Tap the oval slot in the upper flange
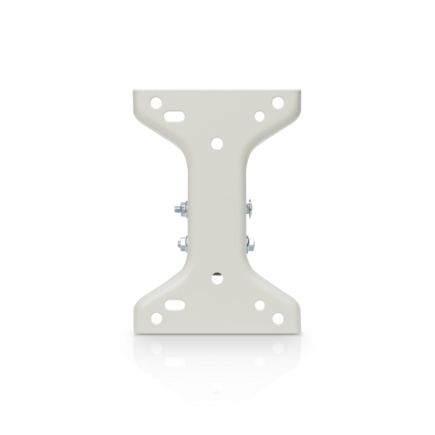tap(173, 115)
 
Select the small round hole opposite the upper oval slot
tap(258, 115)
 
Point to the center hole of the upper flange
tap(216, 144)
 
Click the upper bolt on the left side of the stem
tap(178, 209)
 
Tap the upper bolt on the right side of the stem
tap(250, 208)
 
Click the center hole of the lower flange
tap(216, 276)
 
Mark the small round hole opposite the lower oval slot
tap(259, 305)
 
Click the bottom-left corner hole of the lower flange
tap(154, 318)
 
